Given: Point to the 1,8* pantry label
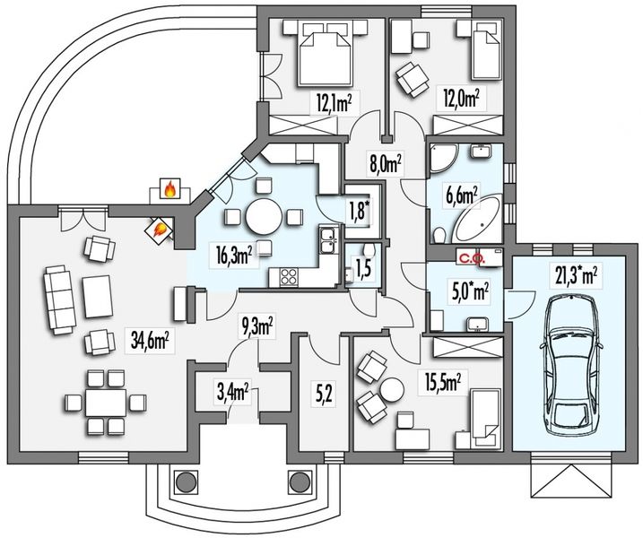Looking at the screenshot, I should pos(360,212).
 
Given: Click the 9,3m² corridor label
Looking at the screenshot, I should pos(258,326).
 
